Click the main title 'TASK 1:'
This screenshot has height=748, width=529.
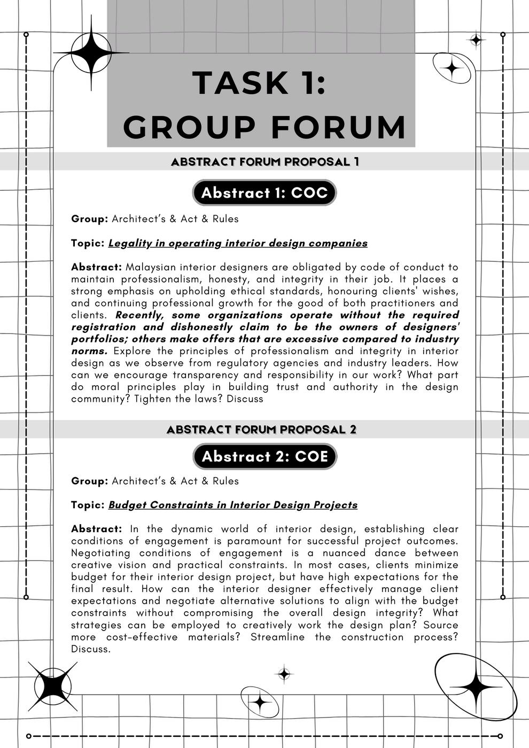coord(259,83)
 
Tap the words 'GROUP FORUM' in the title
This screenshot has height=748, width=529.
coord(264,127)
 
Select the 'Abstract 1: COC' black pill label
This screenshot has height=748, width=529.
coord(264,193)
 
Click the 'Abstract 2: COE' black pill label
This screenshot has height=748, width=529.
coord(264,456)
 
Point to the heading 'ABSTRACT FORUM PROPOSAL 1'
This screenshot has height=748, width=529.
coord(264,161)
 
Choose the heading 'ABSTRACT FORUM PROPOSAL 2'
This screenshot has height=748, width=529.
coord(261,430)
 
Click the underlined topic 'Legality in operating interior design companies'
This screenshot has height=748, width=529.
coord(238,243)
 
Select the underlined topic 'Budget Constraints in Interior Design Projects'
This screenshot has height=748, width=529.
coord(233,505)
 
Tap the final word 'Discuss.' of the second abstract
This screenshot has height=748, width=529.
coord(91,649)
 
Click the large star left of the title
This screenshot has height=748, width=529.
coord(91,52)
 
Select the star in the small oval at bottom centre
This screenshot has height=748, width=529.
coord(260,702)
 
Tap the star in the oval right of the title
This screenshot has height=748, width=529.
coord(452,68)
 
